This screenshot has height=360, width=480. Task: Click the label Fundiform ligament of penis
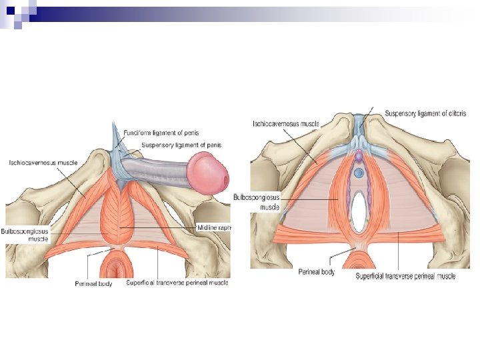pyautogui.click(x=161, y=133)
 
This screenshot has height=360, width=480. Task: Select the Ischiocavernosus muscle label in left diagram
pyautogui.click(x=43, y=162)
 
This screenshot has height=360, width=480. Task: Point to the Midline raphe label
pyautogui.click(x=213, y=227)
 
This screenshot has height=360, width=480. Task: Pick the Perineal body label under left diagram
pyautogui.click(x=89, y=283)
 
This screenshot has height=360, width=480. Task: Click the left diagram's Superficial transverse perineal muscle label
pyautogui.click(x=177, y=283)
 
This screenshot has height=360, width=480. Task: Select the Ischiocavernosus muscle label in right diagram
pyautogui.click(x=285, y=123)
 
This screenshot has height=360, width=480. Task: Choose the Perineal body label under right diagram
pyautogui.click(x=316, y=273)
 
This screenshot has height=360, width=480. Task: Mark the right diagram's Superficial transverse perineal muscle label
pyautogui.click(x=405, y=276)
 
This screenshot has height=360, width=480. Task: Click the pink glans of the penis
pyautogui.click(x=209, y=171)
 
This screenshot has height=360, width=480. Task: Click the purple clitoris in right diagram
pyautogui.click(x=358, y=156)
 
